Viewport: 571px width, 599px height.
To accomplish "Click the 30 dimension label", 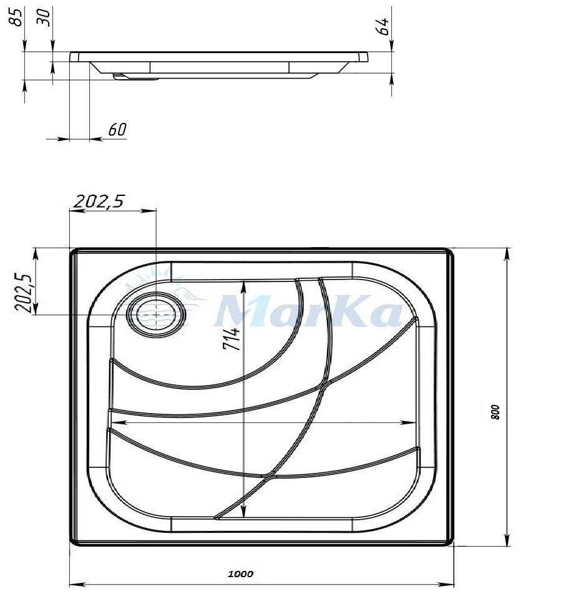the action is pyautogui.click(x=43, y=17).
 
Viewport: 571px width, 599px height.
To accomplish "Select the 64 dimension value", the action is pyautogui.click(x=383, y=26).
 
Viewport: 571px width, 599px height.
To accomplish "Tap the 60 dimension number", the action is pyautogui.click(x=117, y=130).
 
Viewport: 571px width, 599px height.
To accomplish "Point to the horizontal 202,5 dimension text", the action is pyautogui.click(x=99, y=201).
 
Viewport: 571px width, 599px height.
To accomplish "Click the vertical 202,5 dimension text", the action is pyautogui.click(x=22, y=293).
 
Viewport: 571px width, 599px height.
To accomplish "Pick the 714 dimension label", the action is pyautogui.click(x=232, y=338).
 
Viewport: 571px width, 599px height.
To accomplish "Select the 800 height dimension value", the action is pyautogui.click(x=495, y=412).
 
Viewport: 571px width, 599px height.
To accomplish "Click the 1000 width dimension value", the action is pyautogui.click(x=240, y=573).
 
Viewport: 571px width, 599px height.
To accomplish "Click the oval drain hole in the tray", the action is pyautogui.click(x=157, y=314).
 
